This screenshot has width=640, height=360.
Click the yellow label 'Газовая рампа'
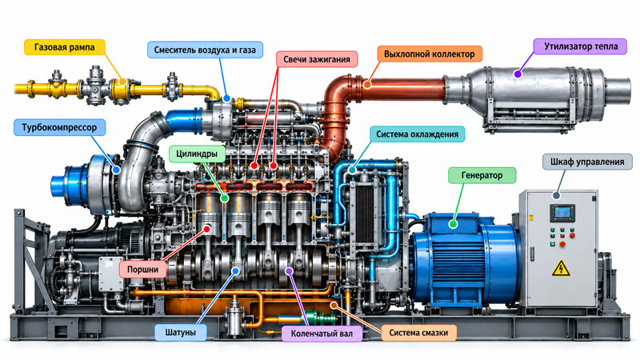pos(65,47)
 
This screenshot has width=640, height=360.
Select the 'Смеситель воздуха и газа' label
pos(205,50)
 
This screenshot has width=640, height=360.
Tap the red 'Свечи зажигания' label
pos(317,59)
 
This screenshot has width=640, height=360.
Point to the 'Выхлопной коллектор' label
pos(430,54)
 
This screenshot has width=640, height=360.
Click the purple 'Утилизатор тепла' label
pos(581,46)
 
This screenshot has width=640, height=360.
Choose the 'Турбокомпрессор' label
pos(59,127)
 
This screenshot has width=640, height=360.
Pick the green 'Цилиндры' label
pos(197,154)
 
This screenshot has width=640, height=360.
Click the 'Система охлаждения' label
pos(417,134)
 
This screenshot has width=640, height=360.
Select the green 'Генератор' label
pos(482,175)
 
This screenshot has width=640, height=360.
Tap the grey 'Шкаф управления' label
pos(587,162)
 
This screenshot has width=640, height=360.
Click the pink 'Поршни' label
pos(142,270)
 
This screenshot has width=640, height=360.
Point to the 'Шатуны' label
pos(181,332)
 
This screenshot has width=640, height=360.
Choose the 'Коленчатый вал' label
pos(322,334)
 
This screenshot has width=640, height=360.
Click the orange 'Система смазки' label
pos(418,333)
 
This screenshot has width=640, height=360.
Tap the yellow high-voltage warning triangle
pos(562,269)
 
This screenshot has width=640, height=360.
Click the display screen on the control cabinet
pos(562,213)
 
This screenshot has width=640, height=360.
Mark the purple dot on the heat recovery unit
pos(518,74)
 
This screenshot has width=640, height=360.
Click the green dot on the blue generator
pos(453,224)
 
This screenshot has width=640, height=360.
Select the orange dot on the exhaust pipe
pos(367,85)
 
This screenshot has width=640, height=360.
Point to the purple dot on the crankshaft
pos(289,270)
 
